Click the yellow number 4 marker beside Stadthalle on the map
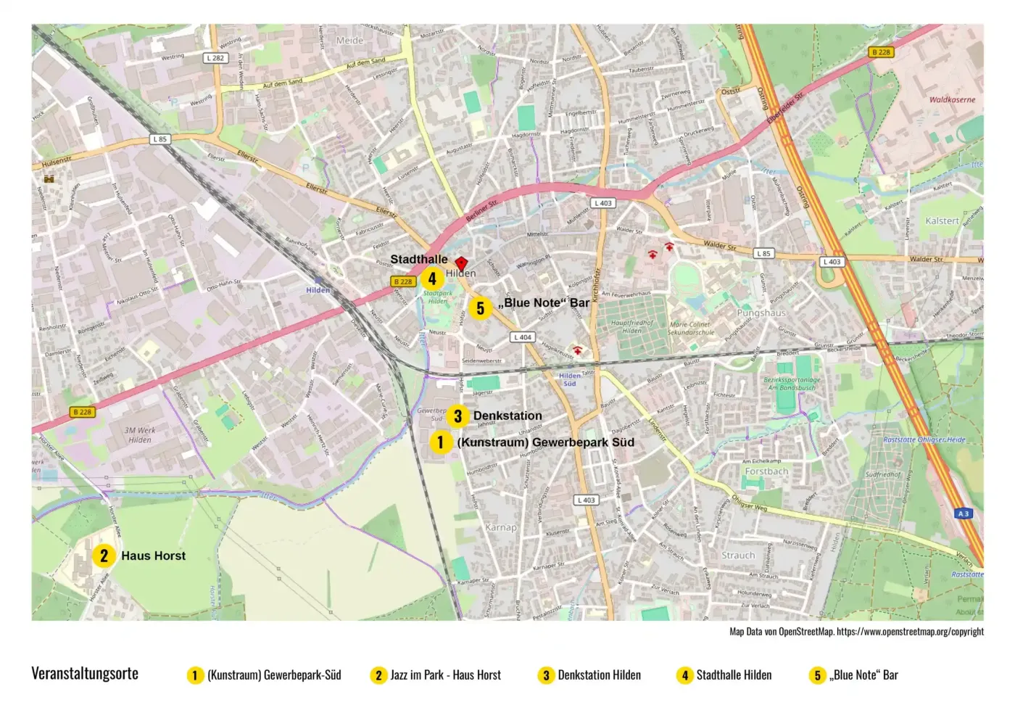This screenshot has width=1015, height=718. tap(432, 278)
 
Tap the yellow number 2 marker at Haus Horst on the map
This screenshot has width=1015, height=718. tap(104, 556)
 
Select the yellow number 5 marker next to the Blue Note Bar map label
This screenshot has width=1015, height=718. tap(480, 308)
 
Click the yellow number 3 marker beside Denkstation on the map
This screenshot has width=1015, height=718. tap(457, 416)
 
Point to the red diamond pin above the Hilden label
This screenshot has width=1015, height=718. tap(460, 263)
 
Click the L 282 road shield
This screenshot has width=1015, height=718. tap(215, 58)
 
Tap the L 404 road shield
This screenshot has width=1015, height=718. tap(523, 337)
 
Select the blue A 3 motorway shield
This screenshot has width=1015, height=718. tap(963, 513)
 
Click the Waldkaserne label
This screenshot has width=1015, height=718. tap(952, 99)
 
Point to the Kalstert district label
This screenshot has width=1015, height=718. tap(942, 220)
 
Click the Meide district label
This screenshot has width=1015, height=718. tap(349, 41)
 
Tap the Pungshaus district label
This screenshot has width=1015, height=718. tap(761, 313)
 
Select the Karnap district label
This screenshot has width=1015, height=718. tap(501, 527)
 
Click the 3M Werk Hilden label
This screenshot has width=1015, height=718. tap(140, 434)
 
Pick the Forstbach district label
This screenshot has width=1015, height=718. tap(766, 471)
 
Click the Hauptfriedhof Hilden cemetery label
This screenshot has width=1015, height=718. tap(632, 326)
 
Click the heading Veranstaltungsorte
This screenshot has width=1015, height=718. tap(85, 673)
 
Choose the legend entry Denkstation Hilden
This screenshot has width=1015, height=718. tap(599, 675)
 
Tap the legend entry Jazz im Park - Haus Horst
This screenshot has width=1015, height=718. tap(445, 675)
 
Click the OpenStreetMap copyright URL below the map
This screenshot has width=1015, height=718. tap(910, 632)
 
